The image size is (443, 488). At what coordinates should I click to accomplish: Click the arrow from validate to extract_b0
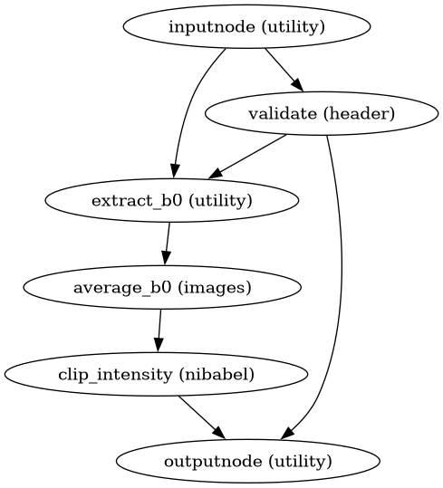(250, 155)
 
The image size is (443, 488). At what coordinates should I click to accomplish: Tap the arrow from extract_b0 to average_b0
(166, 244)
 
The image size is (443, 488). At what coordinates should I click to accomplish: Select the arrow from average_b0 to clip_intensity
(159, 330)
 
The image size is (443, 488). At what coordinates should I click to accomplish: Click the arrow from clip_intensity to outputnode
(202, 417)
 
